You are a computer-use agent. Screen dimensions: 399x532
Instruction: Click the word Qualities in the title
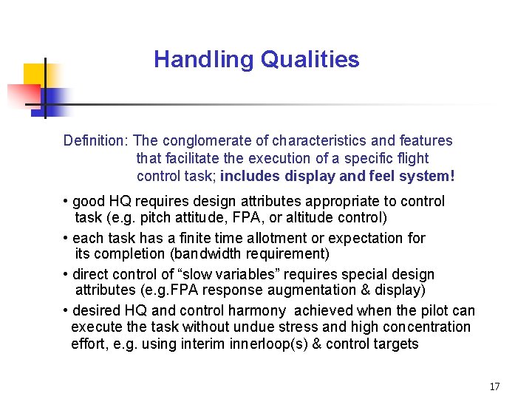click(x=310, y=60)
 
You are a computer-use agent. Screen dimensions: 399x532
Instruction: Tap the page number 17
click(x=494, y=386)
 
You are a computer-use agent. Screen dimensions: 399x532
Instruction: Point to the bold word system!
click(x=426, y=176)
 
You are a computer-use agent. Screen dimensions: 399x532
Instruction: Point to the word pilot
click(x=429, y=310)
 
